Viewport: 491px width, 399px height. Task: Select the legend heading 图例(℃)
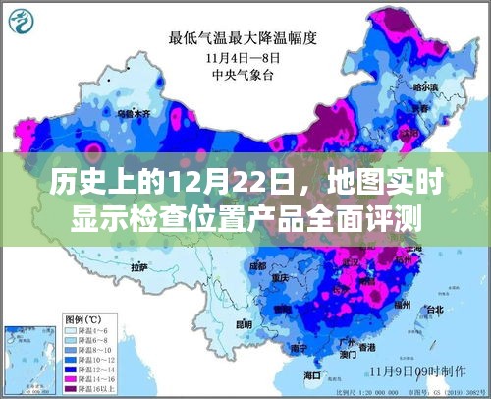point(82,319)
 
